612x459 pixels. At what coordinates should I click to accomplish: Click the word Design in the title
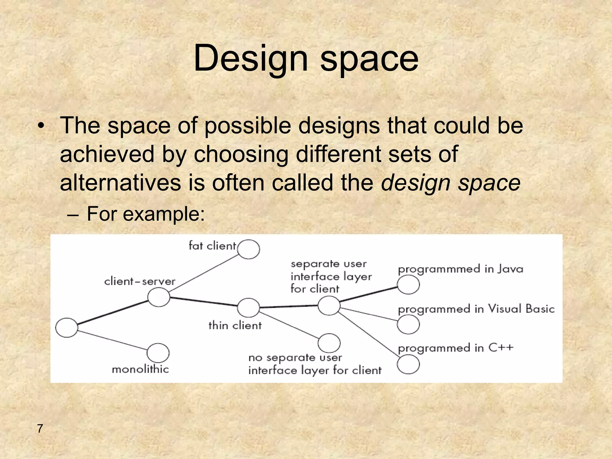[x=250, y=58]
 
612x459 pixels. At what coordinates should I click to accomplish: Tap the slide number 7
[x=40, y=429]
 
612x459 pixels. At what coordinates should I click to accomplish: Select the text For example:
[x=146, y=214]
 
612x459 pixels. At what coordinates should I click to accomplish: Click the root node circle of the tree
[x=67, y=328]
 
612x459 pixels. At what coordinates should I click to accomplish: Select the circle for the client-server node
[x=159, y=297]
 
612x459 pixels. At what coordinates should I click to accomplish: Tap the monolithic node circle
[x=158, y=353]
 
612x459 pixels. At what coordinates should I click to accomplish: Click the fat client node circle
[x=249, y=249]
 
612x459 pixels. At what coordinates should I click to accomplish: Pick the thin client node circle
[x=248, y=307]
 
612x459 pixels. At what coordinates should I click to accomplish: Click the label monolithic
[x=140, y=369]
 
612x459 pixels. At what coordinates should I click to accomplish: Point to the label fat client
[x=212, y=246]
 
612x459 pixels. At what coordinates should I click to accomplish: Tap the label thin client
[x=235, y=325]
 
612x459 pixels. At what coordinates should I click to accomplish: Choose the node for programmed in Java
[x=408, y=284]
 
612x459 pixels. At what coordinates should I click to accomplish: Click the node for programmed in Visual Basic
[x=408, y=325]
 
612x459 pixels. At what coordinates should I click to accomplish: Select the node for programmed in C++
[x=408, y=364]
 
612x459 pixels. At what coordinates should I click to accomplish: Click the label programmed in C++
[x=455, y=348]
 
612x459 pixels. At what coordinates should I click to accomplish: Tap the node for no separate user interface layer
[x=329, y=343]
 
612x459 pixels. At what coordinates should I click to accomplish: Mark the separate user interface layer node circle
[x=329, y=306]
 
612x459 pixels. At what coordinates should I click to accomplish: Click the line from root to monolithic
[x=112, y=340]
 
